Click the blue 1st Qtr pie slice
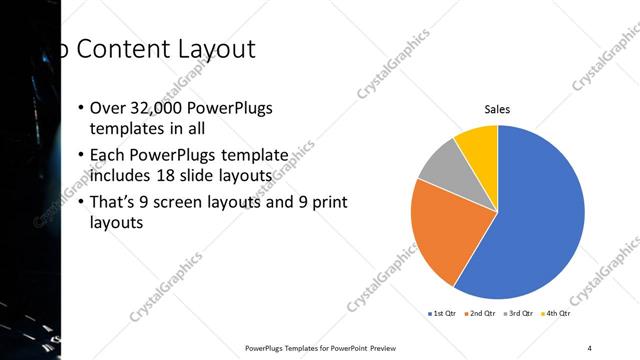click(540, 220)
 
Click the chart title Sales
click(497, 110)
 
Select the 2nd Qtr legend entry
click(481, 313)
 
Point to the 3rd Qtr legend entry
click(520, 313)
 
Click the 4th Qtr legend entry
click(558, 313)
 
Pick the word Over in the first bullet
click(106, 108)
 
